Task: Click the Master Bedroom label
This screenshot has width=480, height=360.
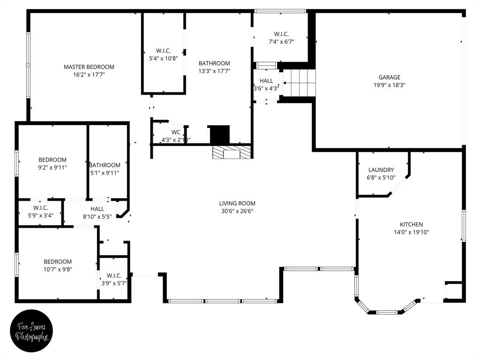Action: [89, 67]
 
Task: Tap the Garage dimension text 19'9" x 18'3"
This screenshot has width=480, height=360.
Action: [390, 85]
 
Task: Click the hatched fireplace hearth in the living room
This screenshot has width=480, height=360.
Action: [232, 153]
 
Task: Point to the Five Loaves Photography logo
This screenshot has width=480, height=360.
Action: [32, 331]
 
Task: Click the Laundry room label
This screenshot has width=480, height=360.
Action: [381, 170]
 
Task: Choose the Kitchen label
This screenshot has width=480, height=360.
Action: [411, 225]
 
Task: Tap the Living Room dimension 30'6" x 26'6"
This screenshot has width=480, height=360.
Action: [237, 211]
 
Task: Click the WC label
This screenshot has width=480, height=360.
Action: [176, 132]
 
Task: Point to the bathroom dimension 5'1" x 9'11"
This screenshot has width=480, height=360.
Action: [105, 172]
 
